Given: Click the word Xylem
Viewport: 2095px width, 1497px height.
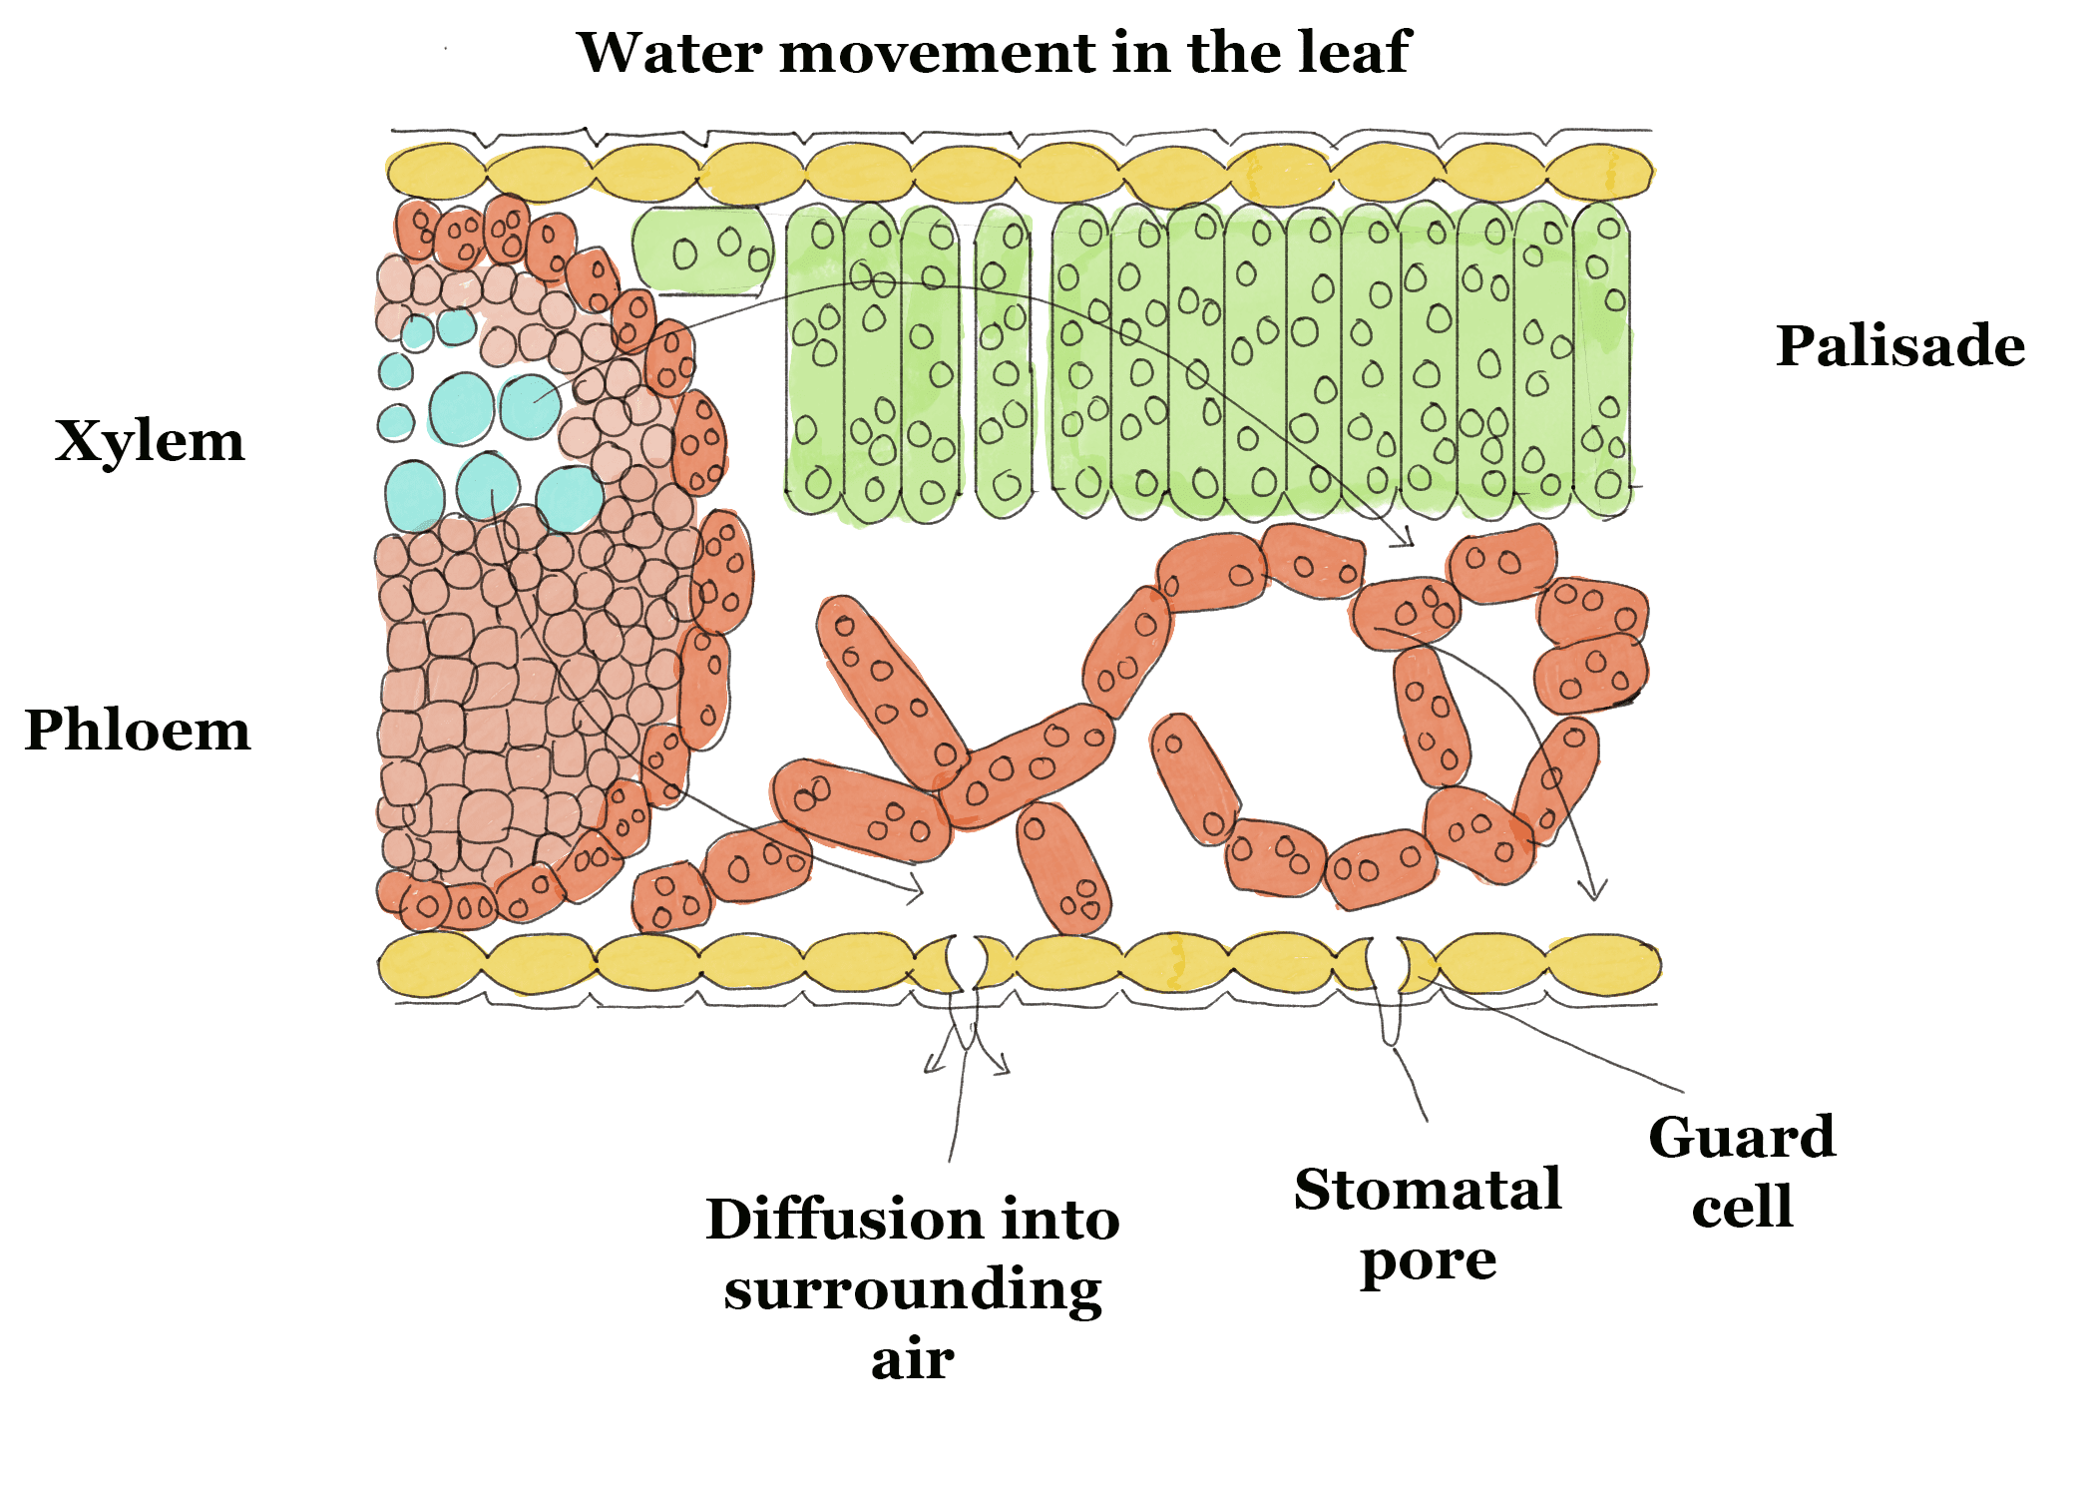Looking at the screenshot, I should tap(150, 441).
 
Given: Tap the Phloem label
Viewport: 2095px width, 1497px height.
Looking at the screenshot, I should tap(138, 730).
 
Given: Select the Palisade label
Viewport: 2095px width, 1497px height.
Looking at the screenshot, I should tap(1899, 346).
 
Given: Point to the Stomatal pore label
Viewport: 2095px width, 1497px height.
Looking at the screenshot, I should tap(1428, 1225).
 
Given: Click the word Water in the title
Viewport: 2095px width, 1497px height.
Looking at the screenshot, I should tap(669, 52).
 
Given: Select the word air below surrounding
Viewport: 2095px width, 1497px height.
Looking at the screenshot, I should tap(912, 1359).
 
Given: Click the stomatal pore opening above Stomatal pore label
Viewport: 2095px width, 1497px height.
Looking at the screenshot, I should tap(1386, 963).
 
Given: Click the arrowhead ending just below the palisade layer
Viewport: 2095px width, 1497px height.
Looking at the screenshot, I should tap(1407, 539).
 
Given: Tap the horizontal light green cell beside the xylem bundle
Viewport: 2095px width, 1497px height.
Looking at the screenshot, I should tap(702, 249).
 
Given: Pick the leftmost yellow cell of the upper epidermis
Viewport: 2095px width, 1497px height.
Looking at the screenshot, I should tap(435, 172).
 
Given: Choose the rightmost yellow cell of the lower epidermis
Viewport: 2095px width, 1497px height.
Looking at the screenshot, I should tap(1602, 965).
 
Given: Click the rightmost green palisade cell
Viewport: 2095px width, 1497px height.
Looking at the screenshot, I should tap(1602, 359).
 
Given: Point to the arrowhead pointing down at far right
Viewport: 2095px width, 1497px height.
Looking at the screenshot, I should tap(1593, 889).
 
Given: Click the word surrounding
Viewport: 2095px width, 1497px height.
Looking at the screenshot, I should tap(912, 1290).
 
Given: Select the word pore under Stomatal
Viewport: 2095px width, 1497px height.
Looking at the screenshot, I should tap(1428, 1261).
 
